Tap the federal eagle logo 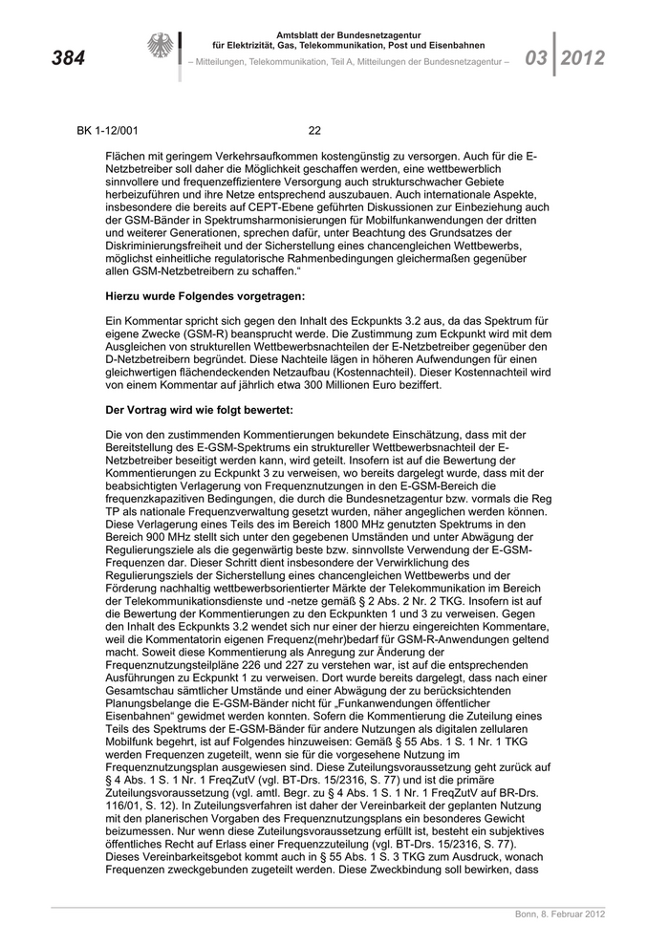click(160, 47)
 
